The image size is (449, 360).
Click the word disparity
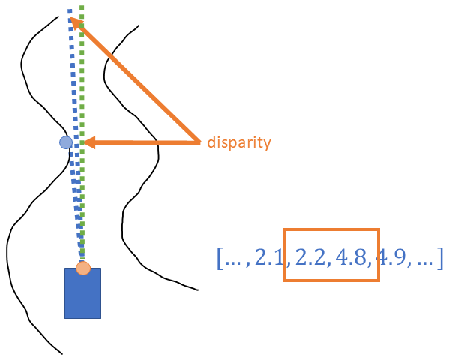click(239, 142)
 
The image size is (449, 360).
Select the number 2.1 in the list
click(268, 257)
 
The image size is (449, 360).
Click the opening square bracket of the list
click(220, 259)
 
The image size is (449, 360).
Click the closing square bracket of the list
click(440, 259)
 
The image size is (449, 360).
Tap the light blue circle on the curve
click(66, 142)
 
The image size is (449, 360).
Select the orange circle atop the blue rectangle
click(83, 268)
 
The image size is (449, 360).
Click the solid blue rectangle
click(82, 293)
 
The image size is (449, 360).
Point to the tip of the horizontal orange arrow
click(84, 142)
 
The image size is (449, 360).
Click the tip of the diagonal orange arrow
click(70, 17)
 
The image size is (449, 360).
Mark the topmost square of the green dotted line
click(82, 7)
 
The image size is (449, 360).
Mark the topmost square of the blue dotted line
click(70, 11)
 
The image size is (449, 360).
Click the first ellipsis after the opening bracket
click(233, 263)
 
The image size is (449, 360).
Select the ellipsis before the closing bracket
click(425, 263)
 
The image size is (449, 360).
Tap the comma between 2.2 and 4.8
click(329, 265)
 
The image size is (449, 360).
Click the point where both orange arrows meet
click(199, 142)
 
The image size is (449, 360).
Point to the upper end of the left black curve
click(58, 16)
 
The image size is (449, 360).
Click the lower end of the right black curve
click(198, 290)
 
